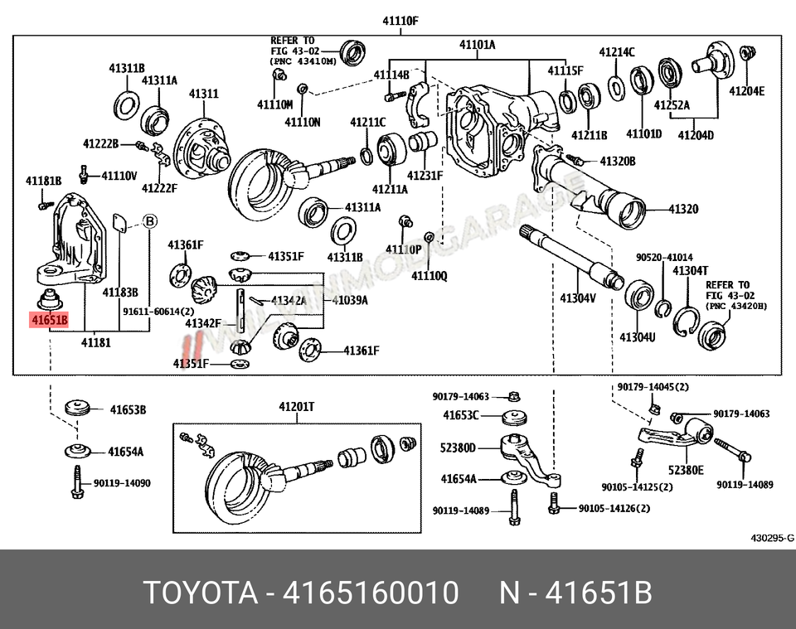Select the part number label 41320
pyautogui.click(x=683, y=209)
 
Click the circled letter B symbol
pyautogui.click(x=149, y=221)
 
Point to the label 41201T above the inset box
pyautogui.click(x=296, y=407)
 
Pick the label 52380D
pyautogui.click(x=459, y=448)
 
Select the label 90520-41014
pyautogui.click(x=664, y=258)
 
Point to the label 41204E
pyautogui.click(x=747, y=91)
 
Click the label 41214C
pyautogui.click(x=618, y=52)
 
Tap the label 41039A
pyautogui.click(x=350, y=299)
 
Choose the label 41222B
pyautogui.click(x=100, y=144)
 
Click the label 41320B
pyautogui.click(x=617, y=161)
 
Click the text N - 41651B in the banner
pyautogui.click(x=575, y=593)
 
